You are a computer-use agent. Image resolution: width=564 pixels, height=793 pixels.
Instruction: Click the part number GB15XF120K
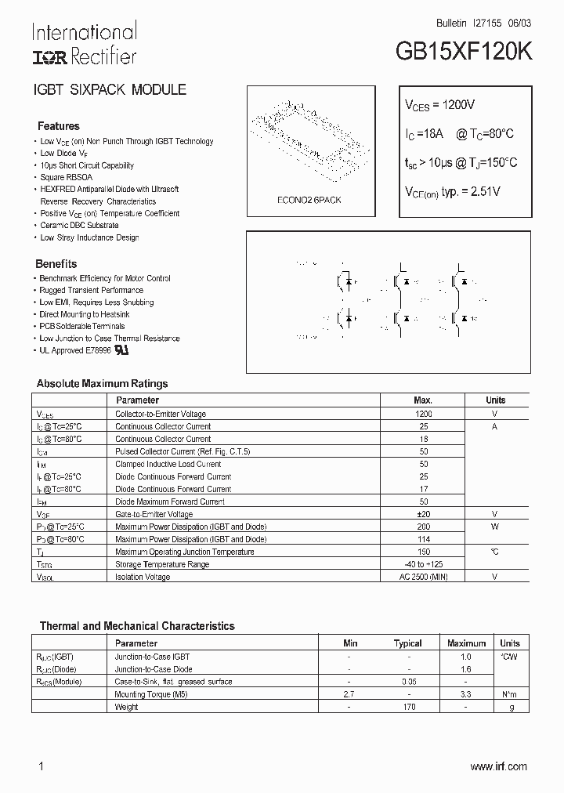point(464,52)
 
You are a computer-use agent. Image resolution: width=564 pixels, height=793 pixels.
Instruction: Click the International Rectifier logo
point(84,44)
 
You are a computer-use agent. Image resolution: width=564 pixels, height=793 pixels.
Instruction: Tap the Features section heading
point(59,126)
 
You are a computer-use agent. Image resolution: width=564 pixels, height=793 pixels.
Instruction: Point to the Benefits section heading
point(56,264)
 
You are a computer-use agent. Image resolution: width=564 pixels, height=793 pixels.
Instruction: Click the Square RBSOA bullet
point(67,177)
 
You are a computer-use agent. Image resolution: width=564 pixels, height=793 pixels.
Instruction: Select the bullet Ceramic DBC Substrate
point(80,225)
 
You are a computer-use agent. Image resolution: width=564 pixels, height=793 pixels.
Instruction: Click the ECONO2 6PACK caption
point(309,200)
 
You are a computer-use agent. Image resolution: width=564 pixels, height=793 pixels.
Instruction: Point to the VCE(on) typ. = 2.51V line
point(452,191)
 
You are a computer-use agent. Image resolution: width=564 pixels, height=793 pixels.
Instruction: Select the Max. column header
point(423,400)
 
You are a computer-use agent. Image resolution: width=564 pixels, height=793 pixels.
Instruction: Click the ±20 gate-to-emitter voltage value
point(423,514)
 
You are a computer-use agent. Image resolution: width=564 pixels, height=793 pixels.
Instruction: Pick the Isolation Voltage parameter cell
point(143,577)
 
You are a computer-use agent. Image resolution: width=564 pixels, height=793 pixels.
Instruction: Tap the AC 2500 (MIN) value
point(423,577)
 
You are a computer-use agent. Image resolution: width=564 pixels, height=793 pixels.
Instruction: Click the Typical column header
point(407,643)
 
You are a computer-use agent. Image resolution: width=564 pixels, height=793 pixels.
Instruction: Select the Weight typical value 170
point(407,707)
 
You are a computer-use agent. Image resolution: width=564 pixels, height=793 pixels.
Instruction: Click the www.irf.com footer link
point(498,766)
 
